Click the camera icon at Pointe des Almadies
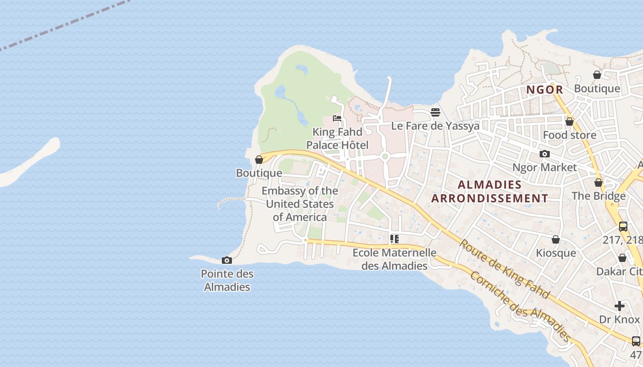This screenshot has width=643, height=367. pyautogui.click(x=226, y=261)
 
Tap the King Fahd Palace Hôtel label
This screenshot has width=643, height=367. pyautogui.click(x=337, y=139)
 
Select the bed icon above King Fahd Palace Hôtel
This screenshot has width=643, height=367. pyautogui.click(x=337, y=118)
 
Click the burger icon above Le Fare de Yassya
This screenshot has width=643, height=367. pyautogui.click(x=435, y=112)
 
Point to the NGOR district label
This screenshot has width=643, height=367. pyautogui.click(x=544, y=90)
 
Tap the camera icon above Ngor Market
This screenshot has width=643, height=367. pyautogui.click(x=544, y=154)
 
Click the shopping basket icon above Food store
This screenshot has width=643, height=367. pyautogui.click(x=570, y=122)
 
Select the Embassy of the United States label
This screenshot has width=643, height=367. pyautogui.click(x=299, y=204)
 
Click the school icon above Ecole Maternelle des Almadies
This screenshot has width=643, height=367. pyautogui.click(x=394, y=239)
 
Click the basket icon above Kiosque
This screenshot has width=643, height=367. pyautogui.click(x=556, y=240)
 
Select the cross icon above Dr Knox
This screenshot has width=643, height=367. pyautogui.click(x=620, y=306)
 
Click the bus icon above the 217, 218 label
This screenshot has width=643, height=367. pyautogui.click(x=623, y=226)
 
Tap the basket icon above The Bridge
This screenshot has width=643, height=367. pyautogui.click(x=598, y=183)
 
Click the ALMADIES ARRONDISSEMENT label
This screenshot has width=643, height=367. pyautogui.click(x=490, y=191)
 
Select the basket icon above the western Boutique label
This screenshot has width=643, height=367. pyautogui.click(x=259, y=160)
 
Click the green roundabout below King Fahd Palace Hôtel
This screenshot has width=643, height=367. pyautogui.click(x=385, y=156)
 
